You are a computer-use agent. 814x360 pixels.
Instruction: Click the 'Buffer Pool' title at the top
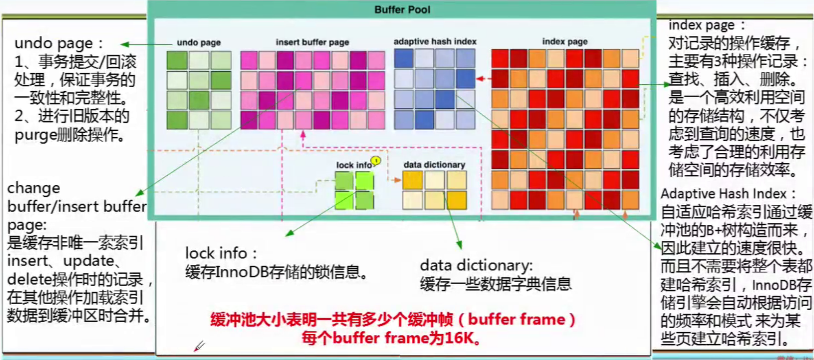(402, 10)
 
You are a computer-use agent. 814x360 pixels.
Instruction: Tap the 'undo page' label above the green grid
(199, 42)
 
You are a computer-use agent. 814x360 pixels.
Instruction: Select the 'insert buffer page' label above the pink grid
(312, 42)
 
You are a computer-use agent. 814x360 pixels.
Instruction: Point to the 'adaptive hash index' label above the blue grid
(435, 42)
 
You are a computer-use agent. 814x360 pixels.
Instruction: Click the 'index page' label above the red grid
(565, 42)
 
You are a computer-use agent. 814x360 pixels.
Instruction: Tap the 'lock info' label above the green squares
(353, 165)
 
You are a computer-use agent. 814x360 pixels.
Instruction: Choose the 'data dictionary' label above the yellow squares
(434, 165)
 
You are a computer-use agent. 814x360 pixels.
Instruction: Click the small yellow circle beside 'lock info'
(376, 160)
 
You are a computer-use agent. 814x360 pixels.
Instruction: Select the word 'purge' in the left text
(35, 135)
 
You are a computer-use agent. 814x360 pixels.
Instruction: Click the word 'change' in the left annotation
(33, 188)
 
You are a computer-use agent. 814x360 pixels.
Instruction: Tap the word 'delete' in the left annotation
(27, 279)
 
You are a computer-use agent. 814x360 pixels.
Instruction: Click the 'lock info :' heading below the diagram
(221, 253)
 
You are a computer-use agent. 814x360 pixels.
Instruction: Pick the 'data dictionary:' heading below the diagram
(476, 266)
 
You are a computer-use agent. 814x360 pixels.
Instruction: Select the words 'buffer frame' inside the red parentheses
(516, 319)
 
